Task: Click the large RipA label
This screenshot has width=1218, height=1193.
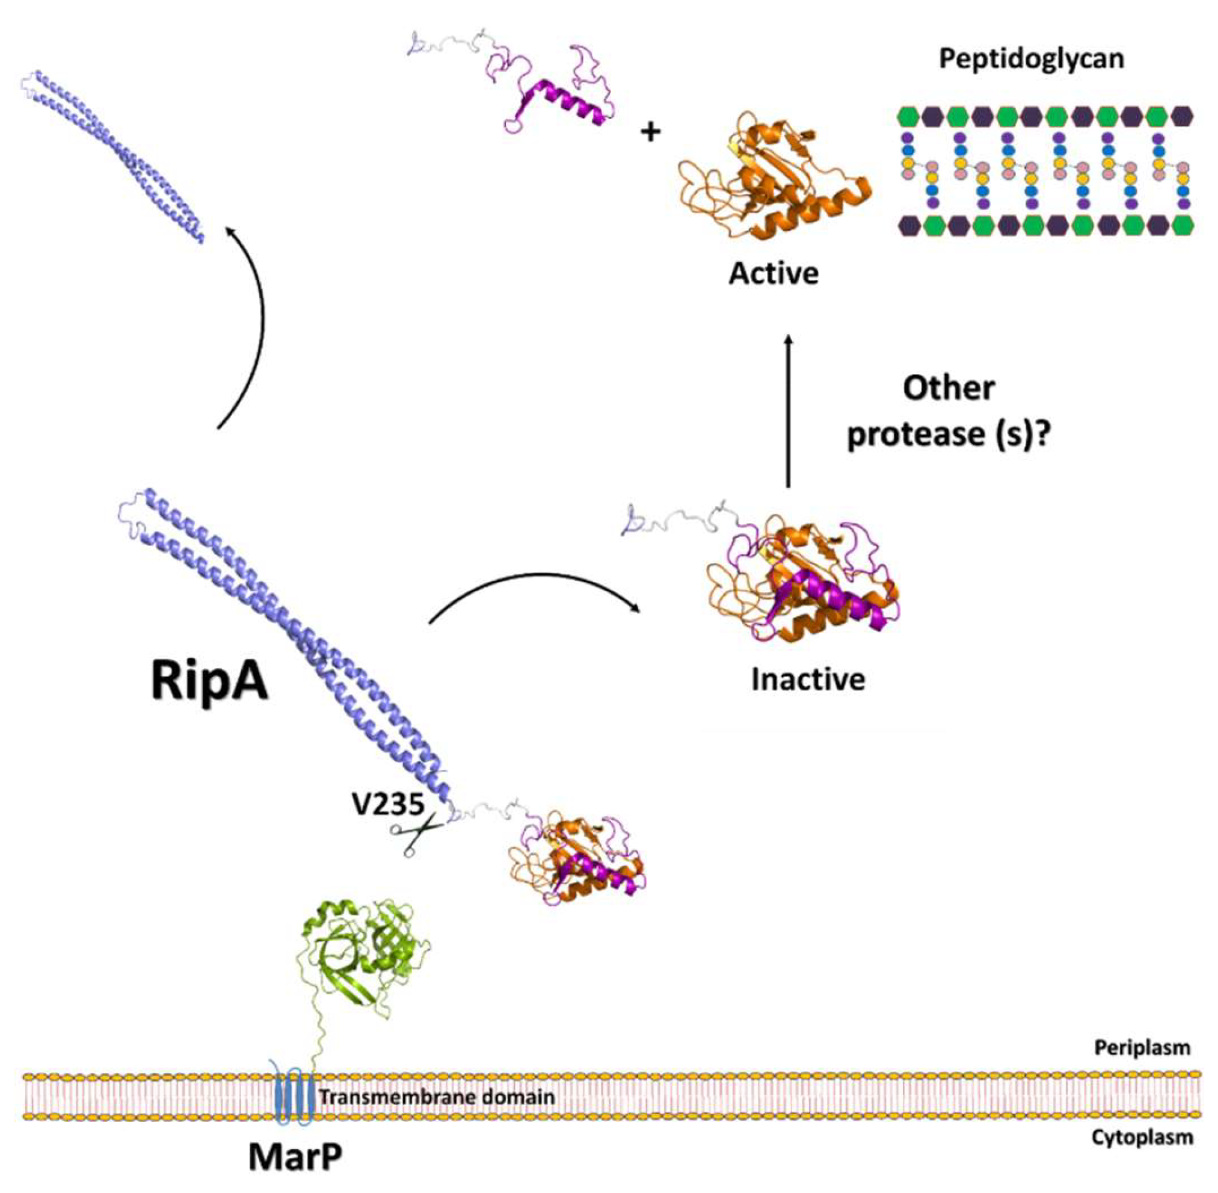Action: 209,682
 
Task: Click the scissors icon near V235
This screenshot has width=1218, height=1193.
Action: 416,832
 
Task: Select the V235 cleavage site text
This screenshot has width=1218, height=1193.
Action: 389,804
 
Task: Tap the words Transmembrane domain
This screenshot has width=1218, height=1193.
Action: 437,1097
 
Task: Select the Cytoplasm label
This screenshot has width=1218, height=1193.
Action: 1142,1137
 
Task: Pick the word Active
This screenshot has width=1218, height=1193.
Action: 773,274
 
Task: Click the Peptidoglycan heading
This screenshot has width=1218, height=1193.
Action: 1032,59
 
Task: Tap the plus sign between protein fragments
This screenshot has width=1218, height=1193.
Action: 651,132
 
